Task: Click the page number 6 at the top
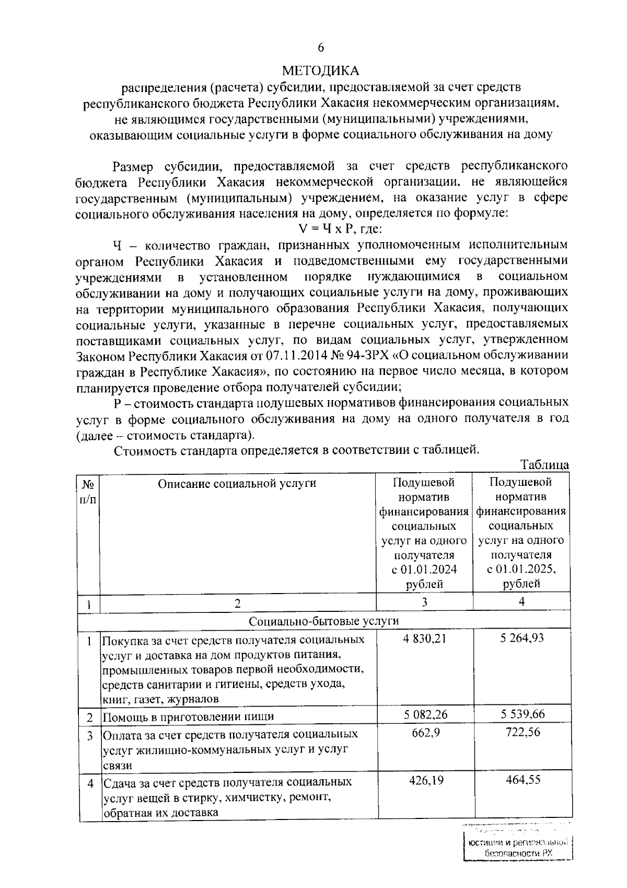(x=321, y=48)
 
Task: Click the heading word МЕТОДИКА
(x=321, y=70)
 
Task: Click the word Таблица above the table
(x=544, y=464)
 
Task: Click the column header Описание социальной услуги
(x=237, y=483)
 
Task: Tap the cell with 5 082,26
(x=425, y=714)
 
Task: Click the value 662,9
(x=425, y=733)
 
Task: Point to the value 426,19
(x=425, y=781)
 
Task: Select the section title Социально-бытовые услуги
(x=324, y=621)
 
